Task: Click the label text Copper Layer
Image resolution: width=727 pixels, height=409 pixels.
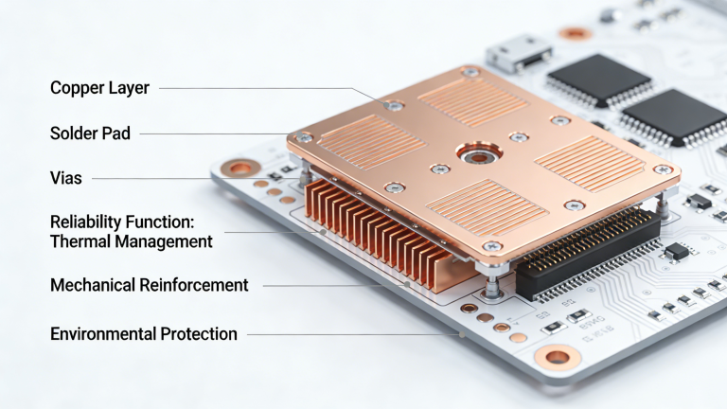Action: [x=99, y=88]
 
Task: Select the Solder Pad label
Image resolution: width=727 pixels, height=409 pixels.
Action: [x=90, y=133]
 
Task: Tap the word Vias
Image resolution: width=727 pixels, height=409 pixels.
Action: [x=65, y=178]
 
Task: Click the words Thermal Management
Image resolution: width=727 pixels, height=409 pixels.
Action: [x=131, y=241]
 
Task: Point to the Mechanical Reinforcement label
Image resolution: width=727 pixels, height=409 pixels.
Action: [x=149, y=285]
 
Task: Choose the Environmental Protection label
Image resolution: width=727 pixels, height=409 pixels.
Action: [x=143, y=333]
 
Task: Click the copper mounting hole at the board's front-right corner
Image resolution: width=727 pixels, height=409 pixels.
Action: [x=558, y=357]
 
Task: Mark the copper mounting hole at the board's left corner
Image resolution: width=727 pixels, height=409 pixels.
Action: [x=240, y=169]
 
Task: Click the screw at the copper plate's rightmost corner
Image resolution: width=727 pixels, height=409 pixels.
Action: [x=665, y=169]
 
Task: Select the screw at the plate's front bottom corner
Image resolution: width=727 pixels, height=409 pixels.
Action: [x=493, y=246]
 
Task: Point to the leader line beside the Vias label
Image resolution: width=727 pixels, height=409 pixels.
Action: [x=151, y=178]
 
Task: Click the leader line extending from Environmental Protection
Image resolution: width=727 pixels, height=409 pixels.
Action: [x=350, y=333]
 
